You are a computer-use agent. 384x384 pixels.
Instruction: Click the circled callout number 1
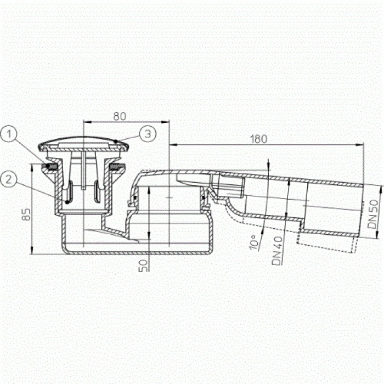(x=9, y=134)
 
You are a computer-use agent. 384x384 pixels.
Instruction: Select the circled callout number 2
(x=9, y=179)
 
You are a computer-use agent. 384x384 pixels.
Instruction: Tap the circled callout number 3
(x=148, y=134)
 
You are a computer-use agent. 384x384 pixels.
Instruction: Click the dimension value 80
(x=120, y=116)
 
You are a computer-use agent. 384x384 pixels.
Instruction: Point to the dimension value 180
(x=258, y=139)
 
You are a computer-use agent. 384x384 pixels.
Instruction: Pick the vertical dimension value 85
(x=26, y=214)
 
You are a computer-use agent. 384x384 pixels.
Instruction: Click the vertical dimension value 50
(x=143, y=266)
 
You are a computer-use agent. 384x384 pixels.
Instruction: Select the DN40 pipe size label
(x=277, y=251)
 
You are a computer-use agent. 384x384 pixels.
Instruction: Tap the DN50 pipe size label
(x=373, y=214)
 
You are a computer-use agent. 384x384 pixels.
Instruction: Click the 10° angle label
(x=255, y=242)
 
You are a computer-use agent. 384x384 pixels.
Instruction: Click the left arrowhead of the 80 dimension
(x=86, y=121)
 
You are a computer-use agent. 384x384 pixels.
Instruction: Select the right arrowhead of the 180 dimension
(x=360, y=145)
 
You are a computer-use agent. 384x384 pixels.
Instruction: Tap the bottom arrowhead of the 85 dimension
(x=32, y=251)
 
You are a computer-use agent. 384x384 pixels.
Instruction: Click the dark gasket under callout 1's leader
(x=51, y=167)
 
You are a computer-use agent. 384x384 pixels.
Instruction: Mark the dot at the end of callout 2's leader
(x=67, y=202)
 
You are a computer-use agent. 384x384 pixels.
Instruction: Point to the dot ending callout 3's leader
(x=116, y=142)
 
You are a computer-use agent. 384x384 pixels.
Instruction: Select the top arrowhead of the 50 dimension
(x=149, y=189)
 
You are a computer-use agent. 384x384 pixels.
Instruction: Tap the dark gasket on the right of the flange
(x=117, y=167)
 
